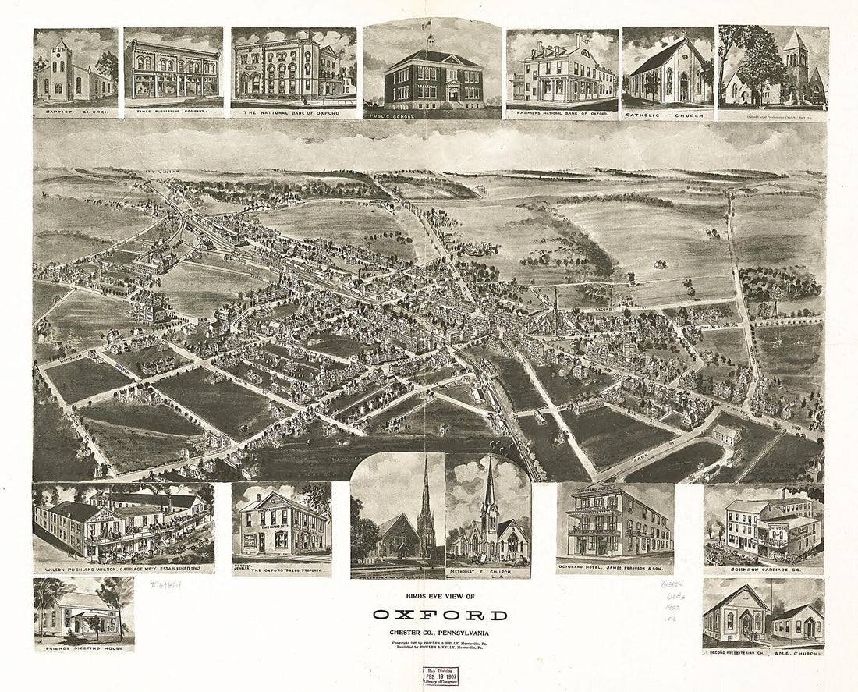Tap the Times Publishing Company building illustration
point(173,70)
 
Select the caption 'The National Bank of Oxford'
point(293,113)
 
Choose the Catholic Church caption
point(668,115)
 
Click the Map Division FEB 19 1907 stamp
point(440,676)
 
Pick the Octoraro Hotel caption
point(615,570)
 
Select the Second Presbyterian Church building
point(736,616)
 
